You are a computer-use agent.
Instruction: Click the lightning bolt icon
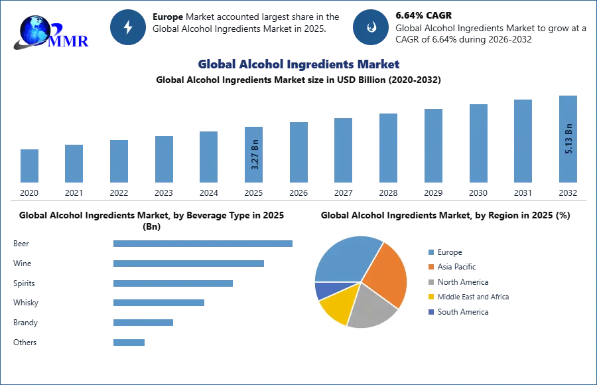coord(129,27)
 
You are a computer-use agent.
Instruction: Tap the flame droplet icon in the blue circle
coord(371,27)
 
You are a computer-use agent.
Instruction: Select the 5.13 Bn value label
coord(568,138)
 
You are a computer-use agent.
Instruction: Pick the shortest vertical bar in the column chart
coord(29,167)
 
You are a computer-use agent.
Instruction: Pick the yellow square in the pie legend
coord(430,297)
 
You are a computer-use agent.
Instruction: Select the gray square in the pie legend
coord(430,281)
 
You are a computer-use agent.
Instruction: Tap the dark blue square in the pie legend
coord(430,312)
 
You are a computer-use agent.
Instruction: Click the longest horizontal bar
coord(204,244)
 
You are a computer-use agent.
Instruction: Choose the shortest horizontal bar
coord(129,343)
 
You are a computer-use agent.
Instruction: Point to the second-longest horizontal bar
coord(188,266)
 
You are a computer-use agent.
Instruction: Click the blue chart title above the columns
coord(299,64)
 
